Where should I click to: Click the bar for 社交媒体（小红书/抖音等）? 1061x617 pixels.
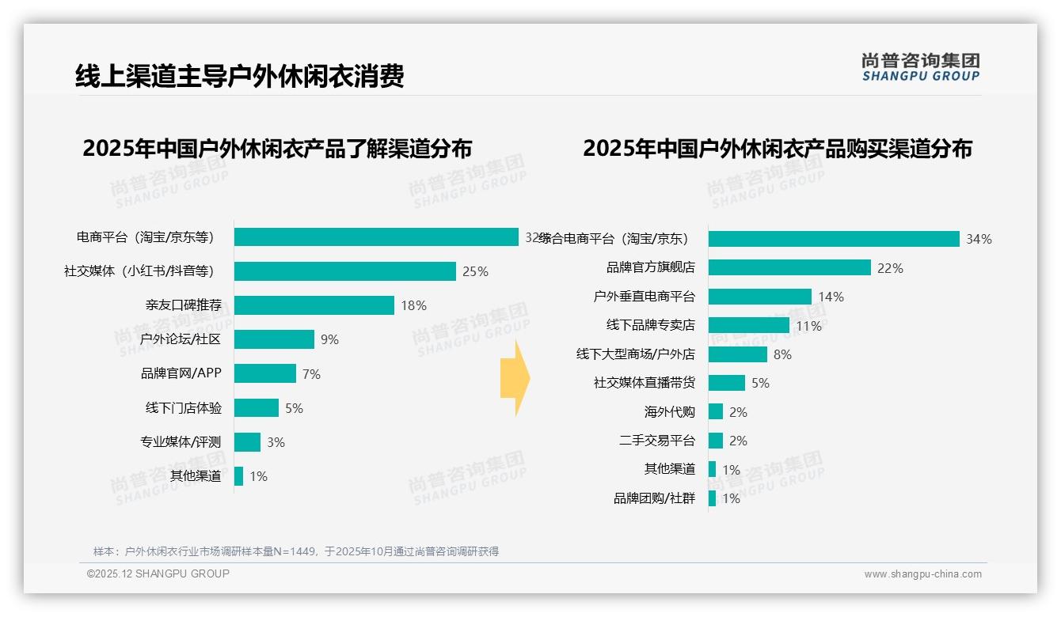click(x=345, y=271)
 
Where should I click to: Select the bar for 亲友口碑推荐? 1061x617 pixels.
click(x=314, y=305)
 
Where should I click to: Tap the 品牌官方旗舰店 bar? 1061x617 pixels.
click(x=789, y=267)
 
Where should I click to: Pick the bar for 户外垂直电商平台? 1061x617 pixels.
click(x=760, y=297)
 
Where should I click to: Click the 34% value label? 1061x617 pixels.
click(x=979, y=239)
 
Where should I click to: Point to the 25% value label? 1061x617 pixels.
click(x=475, y=271)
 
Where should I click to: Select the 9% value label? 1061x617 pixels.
click(x=329, y=339)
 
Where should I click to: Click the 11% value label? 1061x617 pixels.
click(x=808, y=326)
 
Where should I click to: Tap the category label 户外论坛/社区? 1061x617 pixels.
click(x=181, y=339)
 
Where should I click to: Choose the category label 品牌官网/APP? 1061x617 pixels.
click(x=181, y=374)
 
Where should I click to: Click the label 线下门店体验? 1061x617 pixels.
click(x=184, y=408)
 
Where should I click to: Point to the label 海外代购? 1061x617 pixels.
click(x=669, y=412)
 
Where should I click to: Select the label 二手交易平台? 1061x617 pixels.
click(x=657, y=441)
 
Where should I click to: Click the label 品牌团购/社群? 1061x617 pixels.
click(x=654, y=498)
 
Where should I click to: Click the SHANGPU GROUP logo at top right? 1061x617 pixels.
click(x=920, y=67)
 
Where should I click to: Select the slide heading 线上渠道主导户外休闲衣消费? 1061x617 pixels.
click(x=240, y=76)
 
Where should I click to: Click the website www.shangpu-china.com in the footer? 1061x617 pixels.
click(x=922, y=574)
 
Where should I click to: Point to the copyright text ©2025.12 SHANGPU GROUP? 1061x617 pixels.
click(x=158, y=573)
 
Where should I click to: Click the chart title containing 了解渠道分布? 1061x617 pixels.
click(x=277, y=148)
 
